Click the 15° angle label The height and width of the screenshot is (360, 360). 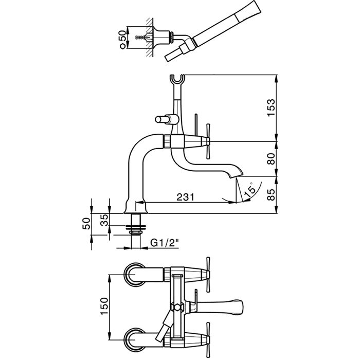[249, 191]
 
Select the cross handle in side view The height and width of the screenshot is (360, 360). [208, 138]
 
